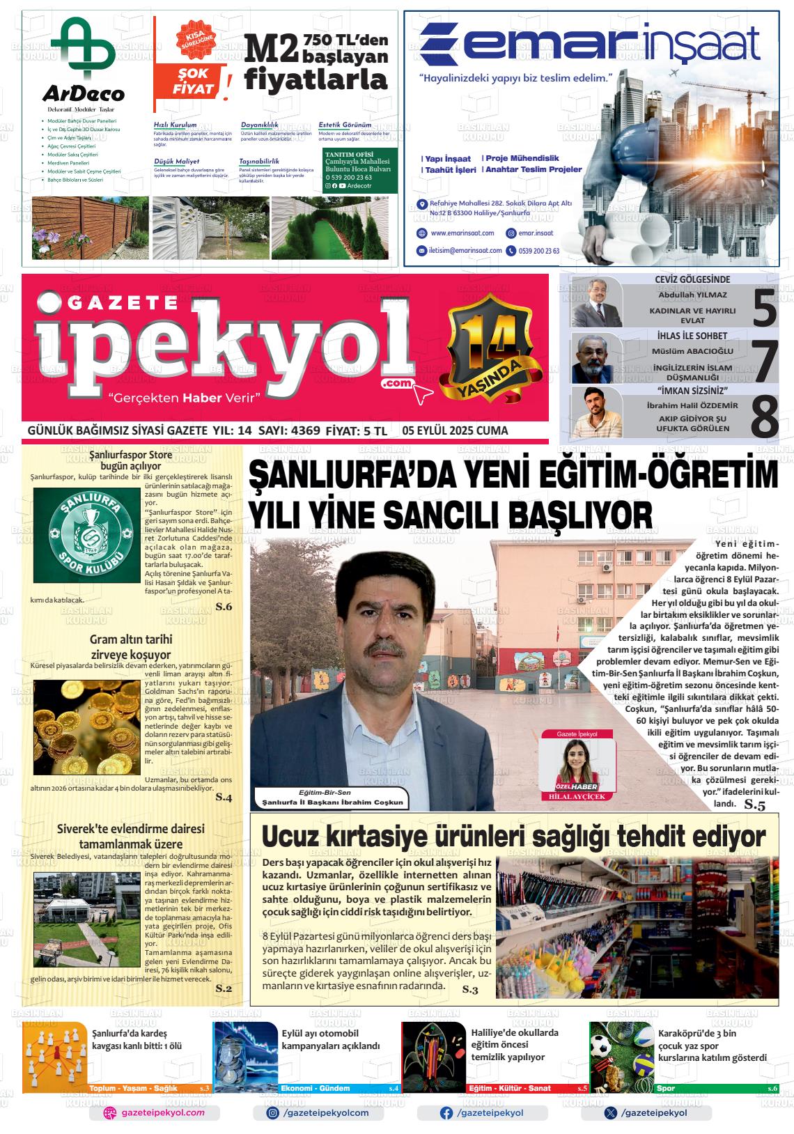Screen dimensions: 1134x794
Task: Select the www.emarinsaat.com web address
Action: [462, 233]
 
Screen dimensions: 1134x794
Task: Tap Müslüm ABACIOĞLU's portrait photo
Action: [596, 358]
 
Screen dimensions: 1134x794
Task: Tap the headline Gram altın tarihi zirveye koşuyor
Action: [131, 646]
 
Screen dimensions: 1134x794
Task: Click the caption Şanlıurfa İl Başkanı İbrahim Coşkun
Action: [332, 802]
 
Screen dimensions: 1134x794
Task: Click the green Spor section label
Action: [666, 1088]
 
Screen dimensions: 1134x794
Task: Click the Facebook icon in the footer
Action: [446, 1112]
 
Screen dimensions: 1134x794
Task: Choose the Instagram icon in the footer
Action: [274, 1112]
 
